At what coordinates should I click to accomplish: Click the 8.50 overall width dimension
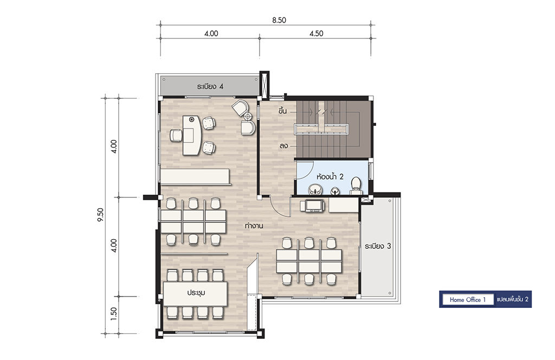click(279, 20)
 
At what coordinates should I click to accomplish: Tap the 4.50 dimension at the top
click(316, 33)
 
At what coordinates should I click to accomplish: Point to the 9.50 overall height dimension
click(100, 215)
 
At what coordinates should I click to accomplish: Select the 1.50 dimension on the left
click(114, 313)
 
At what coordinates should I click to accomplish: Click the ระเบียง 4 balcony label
click(210, 86)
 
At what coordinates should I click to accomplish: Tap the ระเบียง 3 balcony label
click(378, 246)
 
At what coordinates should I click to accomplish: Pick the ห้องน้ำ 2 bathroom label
click(330, 176)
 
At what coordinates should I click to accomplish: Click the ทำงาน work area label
click(254, 226)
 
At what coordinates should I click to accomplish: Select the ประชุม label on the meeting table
click(196, 293)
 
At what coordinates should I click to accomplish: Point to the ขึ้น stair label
click(282, 111)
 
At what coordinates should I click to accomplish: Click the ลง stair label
click(283, 145)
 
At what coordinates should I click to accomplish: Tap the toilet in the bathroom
click(356, 186)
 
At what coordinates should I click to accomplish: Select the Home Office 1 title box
click(468, 299)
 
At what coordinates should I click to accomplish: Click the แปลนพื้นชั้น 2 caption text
click(513, 299)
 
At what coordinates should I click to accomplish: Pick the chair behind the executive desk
click(176, 136)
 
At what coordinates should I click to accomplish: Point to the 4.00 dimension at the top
click(211, 33)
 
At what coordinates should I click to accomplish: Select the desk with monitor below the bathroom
click(312, 205)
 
